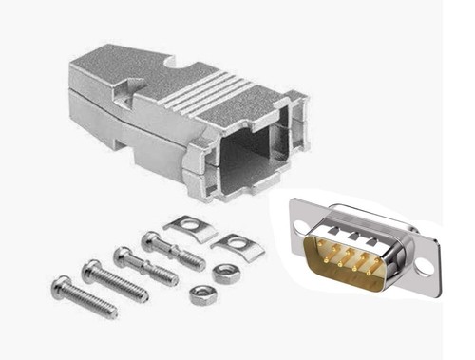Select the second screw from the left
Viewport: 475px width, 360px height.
[115, 281]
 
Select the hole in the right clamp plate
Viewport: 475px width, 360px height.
[232, 242]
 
